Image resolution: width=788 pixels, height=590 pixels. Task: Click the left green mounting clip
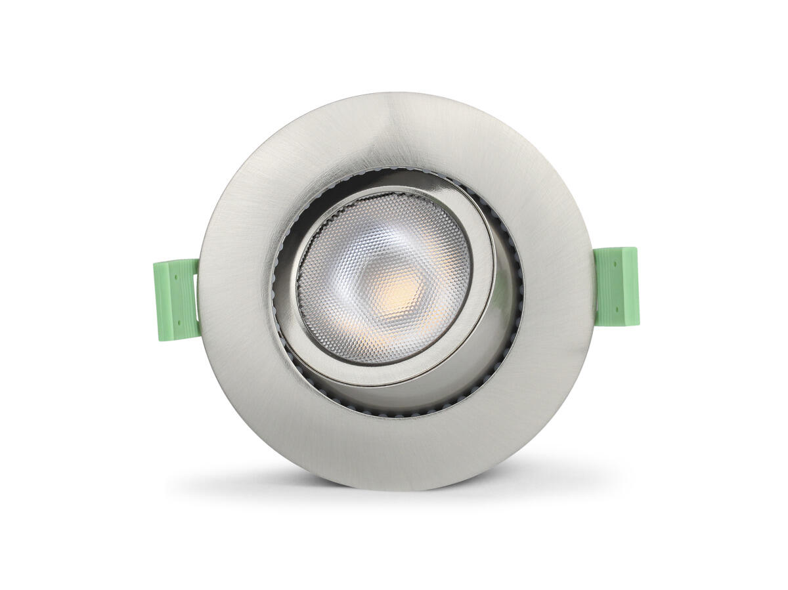[x=176, y=299]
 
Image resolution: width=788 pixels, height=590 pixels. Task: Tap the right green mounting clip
[x=616, y=286]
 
